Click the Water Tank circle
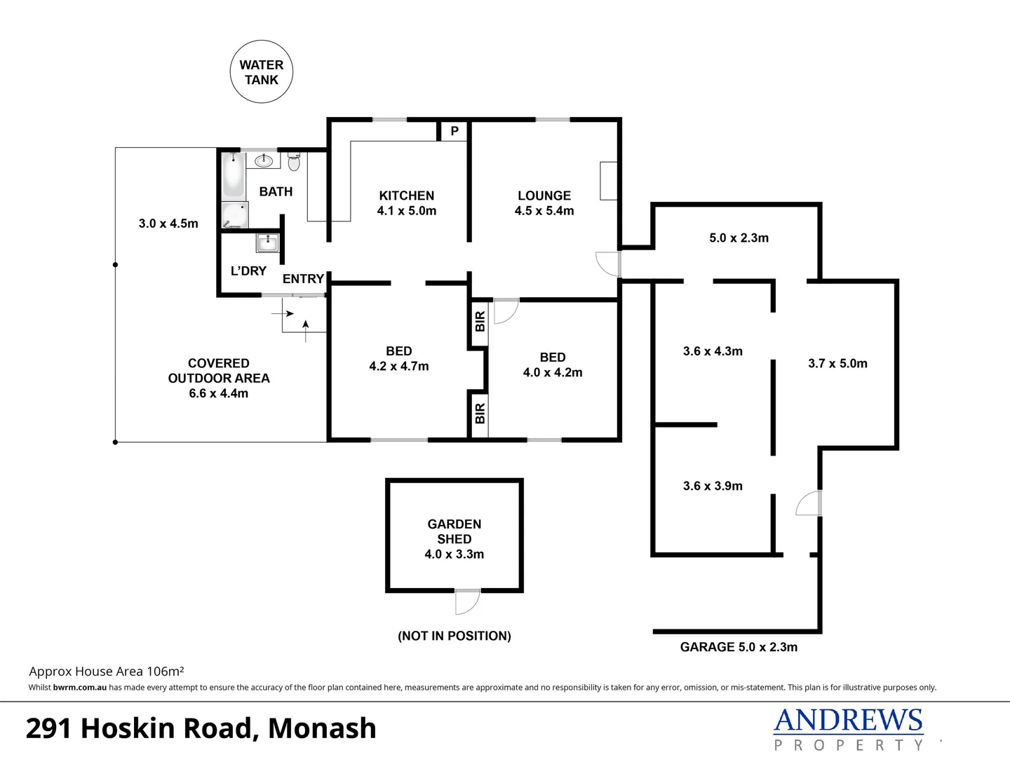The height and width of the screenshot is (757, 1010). (262, 71)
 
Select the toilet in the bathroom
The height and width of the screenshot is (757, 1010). (294, 163)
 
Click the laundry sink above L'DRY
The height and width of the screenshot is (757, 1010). (268, 243)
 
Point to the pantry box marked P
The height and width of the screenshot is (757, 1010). (454, 131)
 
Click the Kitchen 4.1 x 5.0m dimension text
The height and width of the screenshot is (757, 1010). (407, 211)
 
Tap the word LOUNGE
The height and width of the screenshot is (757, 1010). (544, 196)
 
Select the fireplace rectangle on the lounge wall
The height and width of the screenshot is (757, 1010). (609, 181)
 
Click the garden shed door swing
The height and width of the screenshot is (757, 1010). (466, 601)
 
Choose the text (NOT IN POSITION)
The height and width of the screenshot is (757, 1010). (454, 636)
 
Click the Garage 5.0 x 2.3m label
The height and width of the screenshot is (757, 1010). (739, 647)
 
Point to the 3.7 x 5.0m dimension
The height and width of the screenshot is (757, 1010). (837, 363)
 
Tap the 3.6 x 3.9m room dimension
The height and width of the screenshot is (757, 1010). (713, 486)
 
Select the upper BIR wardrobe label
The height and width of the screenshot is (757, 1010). (480, 322)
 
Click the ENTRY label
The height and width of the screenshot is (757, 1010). (303, 278)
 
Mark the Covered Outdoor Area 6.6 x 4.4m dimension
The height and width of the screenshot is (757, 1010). (218, 393)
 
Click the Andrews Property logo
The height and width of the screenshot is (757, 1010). (848, 729)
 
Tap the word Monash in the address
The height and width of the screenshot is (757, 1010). (322, 728)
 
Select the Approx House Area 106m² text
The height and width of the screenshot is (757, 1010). (107, 671)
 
